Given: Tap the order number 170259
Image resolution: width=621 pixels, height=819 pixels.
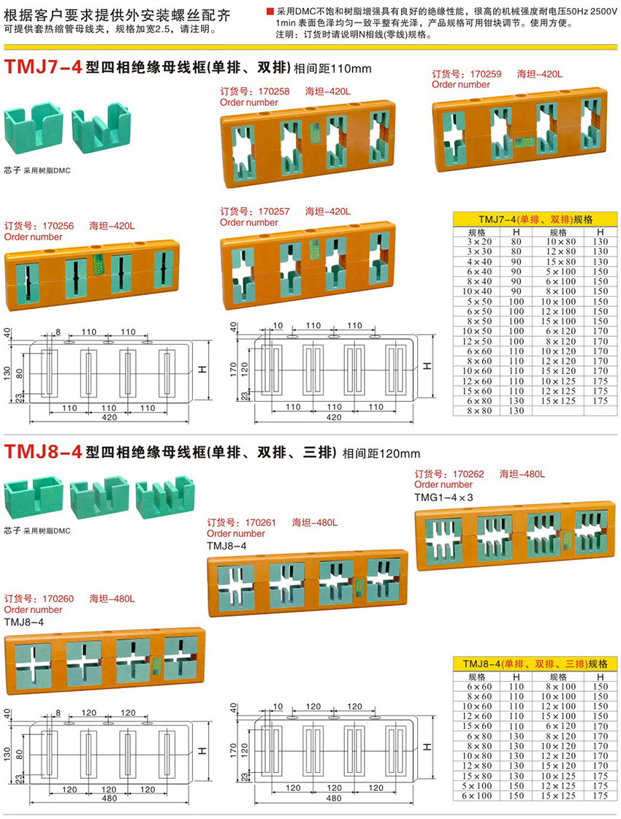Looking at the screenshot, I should (486, 75).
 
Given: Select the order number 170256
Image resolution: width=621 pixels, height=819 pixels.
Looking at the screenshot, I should (58, 226).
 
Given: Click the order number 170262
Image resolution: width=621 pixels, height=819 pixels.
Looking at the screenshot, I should (468, 474).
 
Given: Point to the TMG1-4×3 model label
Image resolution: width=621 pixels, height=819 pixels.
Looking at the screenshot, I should (443, 497).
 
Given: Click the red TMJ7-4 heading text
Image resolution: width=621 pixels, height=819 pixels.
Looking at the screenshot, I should (42, 68).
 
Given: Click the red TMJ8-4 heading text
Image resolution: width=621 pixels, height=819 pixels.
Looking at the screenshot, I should (42, 452).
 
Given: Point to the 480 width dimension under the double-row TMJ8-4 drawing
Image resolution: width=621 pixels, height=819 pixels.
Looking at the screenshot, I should (334, 799).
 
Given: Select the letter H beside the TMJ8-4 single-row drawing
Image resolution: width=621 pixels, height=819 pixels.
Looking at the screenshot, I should (201, 751).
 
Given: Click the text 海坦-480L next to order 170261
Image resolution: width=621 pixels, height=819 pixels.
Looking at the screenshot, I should (315, 522).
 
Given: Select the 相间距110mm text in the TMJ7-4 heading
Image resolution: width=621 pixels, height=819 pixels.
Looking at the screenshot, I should (332, 69).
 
